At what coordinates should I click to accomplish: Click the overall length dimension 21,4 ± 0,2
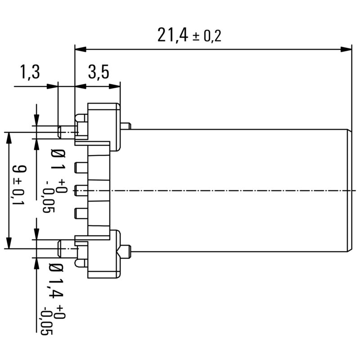189,35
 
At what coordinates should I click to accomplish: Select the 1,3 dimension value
30,72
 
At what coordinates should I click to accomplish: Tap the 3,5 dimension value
98,72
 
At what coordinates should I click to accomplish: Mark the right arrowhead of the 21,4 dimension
346,49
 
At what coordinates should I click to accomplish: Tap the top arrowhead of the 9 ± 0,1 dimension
8,137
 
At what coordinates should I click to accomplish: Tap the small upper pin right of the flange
126,126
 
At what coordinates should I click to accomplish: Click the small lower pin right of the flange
126,249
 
